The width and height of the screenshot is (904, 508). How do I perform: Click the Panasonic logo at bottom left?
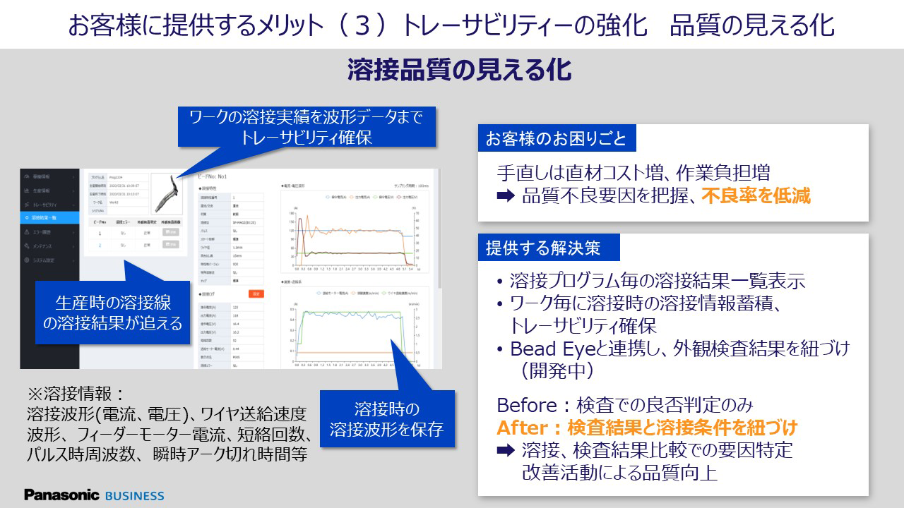coord(61,495)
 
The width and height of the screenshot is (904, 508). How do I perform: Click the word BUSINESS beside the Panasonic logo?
coord(134,495)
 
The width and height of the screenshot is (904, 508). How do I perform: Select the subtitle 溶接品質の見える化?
coord(459,71)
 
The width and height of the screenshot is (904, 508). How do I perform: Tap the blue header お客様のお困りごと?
coord(557,138)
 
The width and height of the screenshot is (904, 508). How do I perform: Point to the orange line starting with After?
coord(647,428)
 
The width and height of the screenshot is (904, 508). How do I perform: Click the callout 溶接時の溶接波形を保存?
coord(386,419)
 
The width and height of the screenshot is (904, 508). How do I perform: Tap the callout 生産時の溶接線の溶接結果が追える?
coord(113,313)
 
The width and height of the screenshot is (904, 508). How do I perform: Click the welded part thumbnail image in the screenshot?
coord(169,193)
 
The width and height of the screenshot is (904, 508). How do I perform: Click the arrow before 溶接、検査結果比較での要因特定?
coord(506,450)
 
